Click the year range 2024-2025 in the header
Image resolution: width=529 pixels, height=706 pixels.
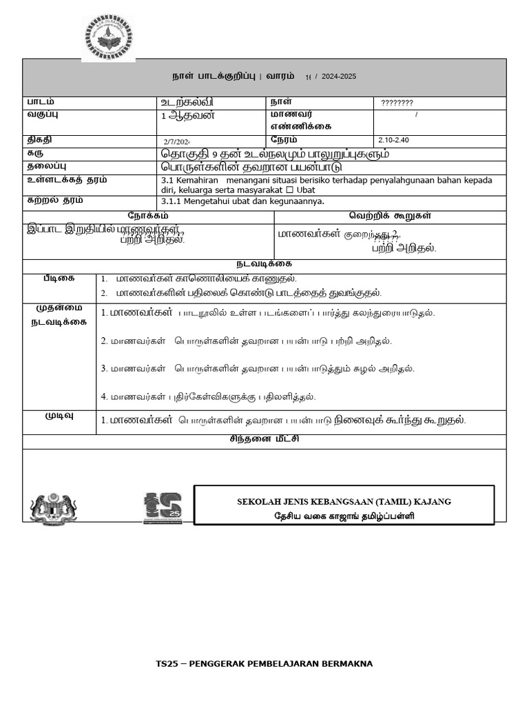(338, 77)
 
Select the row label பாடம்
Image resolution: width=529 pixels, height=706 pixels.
(41, 101)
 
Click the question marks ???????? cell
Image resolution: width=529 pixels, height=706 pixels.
(397, 103)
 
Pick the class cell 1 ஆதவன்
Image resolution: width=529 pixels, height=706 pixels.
(187, 114)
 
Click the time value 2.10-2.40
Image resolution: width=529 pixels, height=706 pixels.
(394, 140)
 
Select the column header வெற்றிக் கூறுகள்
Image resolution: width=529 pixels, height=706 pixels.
(390, 215)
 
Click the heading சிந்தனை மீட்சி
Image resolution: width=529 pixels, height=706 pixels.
(264, 438)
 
